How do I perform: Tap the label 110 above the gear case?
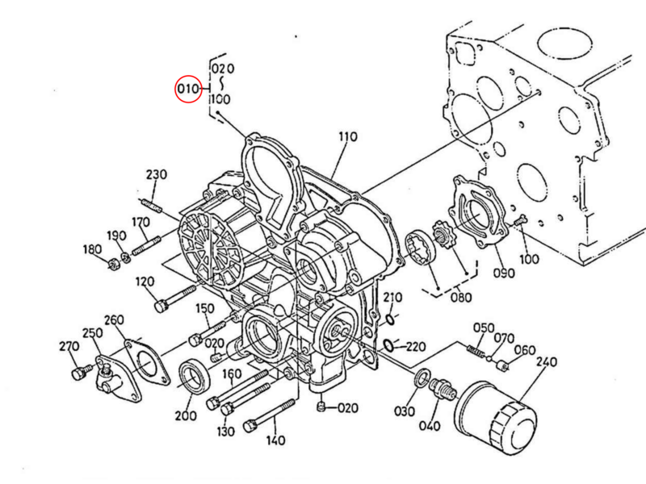pos(347,137)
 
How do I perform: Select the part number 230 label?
pos(156,175)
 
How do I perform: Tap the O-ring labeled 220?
pos(388,346)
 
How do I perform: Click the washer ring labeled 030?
pos(422,378)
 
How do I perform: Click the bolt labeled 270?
pos(78,373)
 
